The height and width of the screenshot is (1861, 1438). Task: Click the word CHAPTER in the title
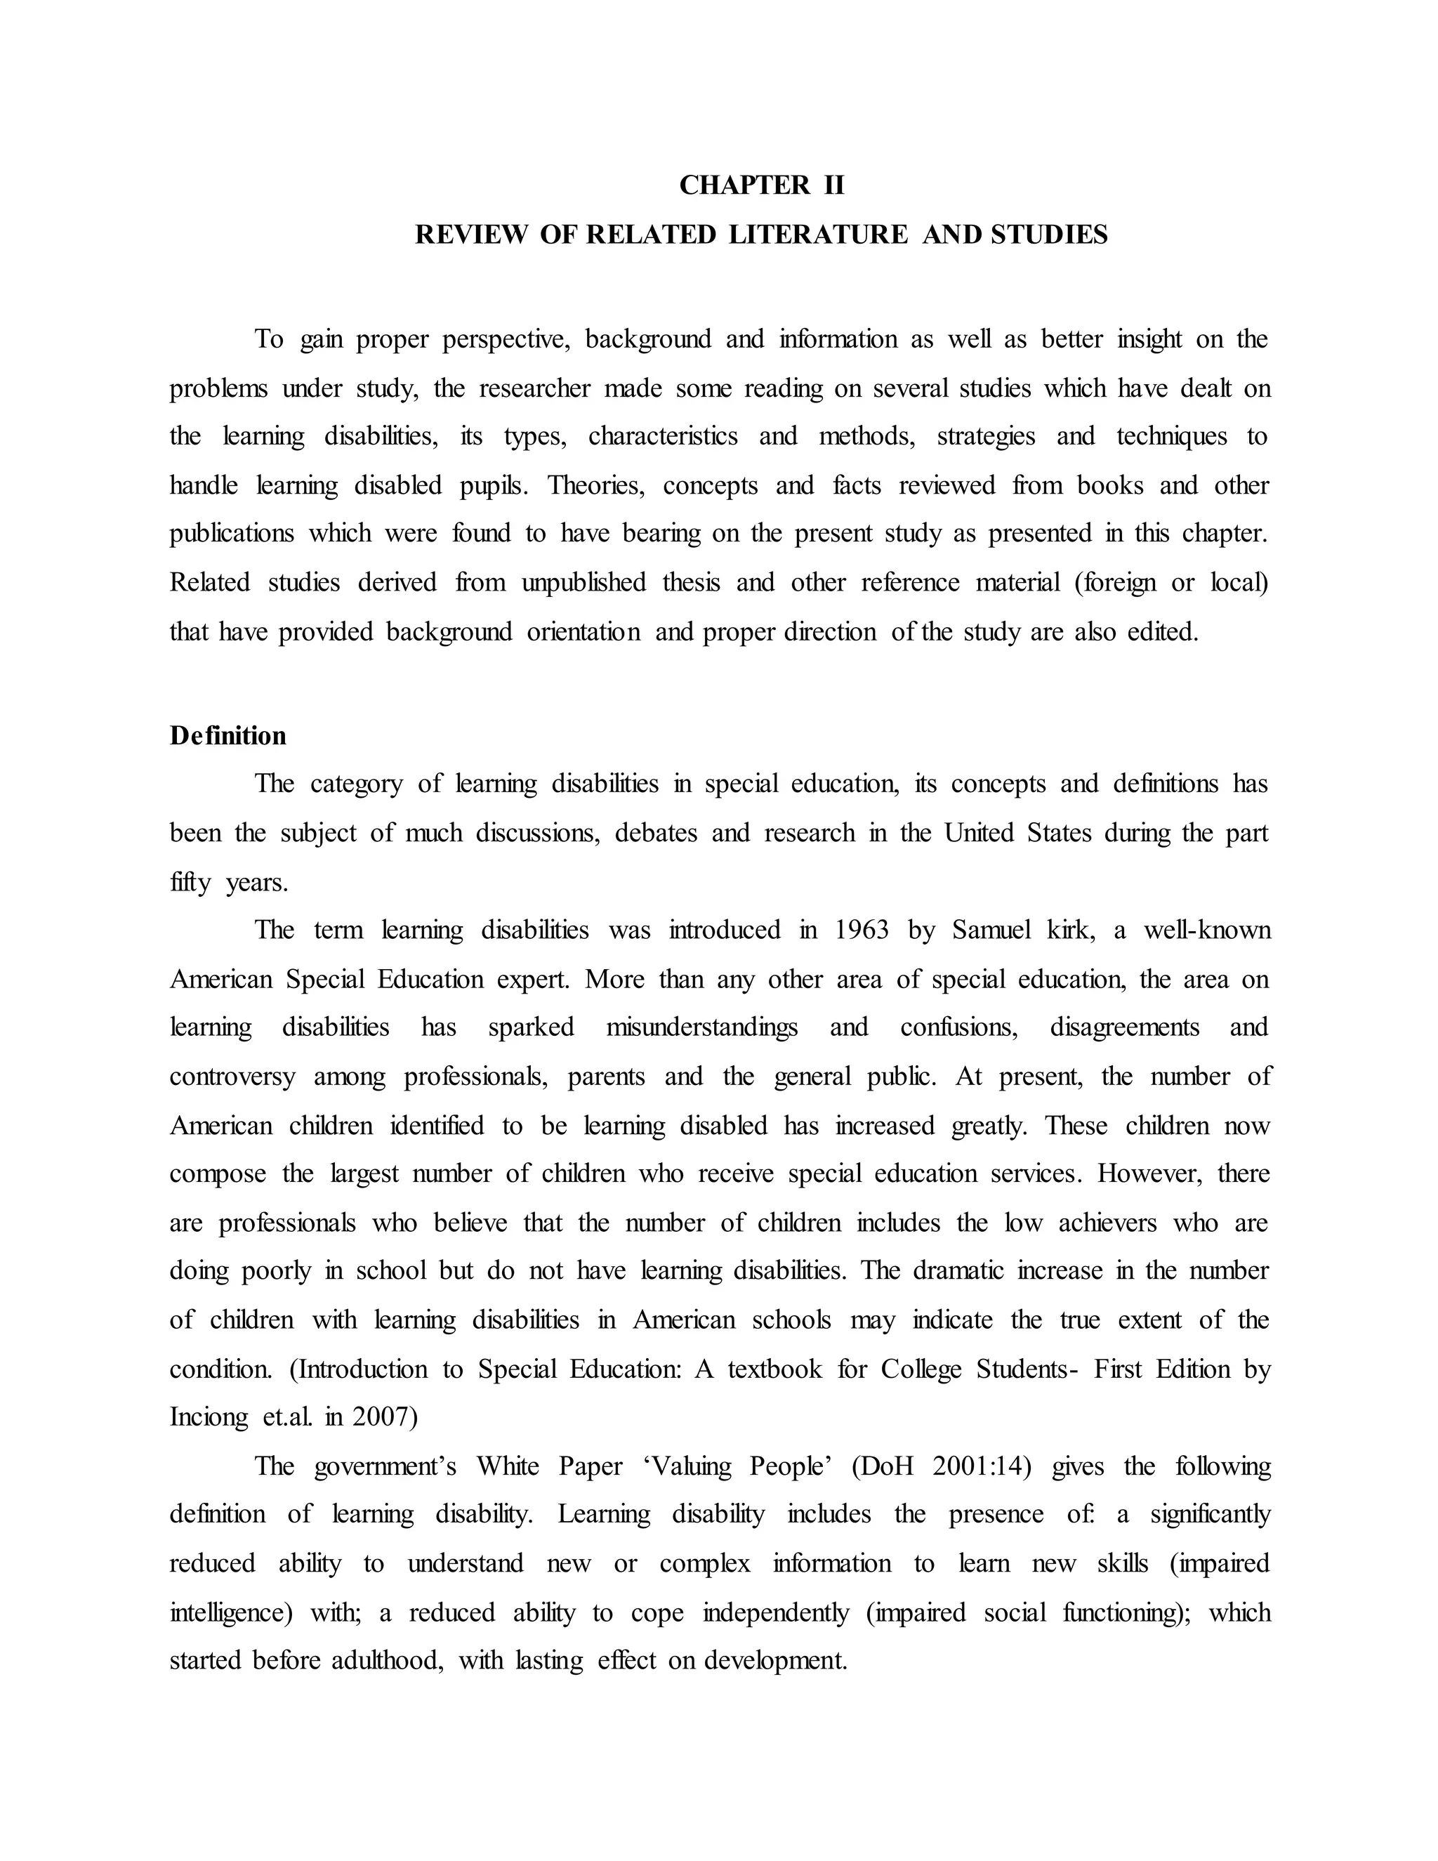point(744,185)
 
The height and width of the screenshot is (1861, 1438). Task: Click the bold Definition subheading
point(227,735)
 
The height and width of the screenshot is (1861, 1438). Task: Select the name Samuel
point(991,930)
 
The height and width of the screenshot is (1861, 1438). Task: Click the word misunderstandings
point(702,1027)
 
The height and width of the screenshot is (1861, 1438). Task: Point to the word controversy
point(232,1076)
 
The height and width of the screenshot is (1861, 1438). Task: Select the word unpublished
point(583,583)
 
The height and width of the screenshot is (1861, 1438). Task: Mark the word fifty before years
point(189,882)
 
